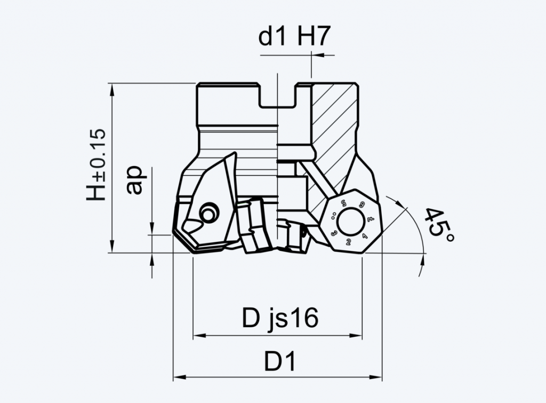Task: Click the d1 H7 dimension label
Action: point(294,37)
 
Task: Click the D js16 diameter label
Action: point(280,318)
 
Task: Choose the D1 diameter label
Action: point(280,361)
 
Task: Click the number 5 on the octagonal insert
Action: point(344,202)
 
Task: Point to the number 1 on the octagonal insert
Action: point(364,236)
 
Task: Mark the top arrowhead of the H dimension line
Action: point(111,89)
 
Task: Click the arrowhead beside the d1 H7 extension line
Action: point(318,55)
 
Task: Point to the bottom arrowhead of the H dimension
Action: point(111,247)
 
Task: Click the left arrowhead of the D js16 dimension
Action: point(199,336)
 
